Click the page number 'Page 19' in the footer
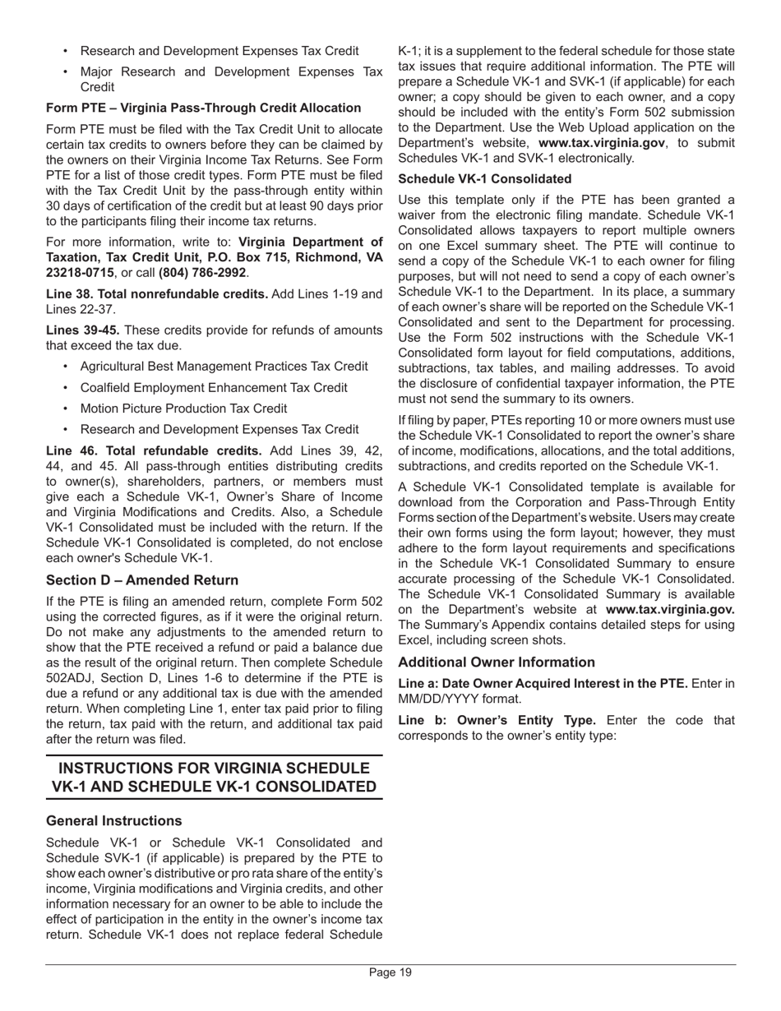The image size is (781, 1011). (x=390, y=972)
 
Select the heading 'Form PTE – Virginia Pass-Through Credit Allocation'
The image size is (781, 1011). (x=203, y=108)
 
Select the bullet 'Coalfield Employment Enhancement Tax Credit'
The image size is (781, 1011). (x=214, y=387)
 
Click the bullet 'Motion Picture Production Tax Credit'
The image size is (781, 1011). (x=183, y=409)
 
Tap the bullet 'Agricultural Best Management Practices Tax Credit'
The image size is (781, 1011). (x=224, y=367)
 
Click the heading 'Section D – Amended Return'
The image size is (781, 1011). (x=142, y=580)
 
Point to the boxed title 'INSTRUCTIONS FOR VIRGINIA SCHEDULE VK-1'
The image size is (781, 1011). (x=214, y=769)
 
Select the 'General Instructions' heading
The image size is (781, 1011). (x=114, y=820)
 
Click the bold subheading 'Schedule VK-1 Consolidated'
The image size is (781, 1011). (x=484, y=178)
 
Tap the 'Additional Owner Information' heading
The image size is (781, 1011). (x=497, y=662)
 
